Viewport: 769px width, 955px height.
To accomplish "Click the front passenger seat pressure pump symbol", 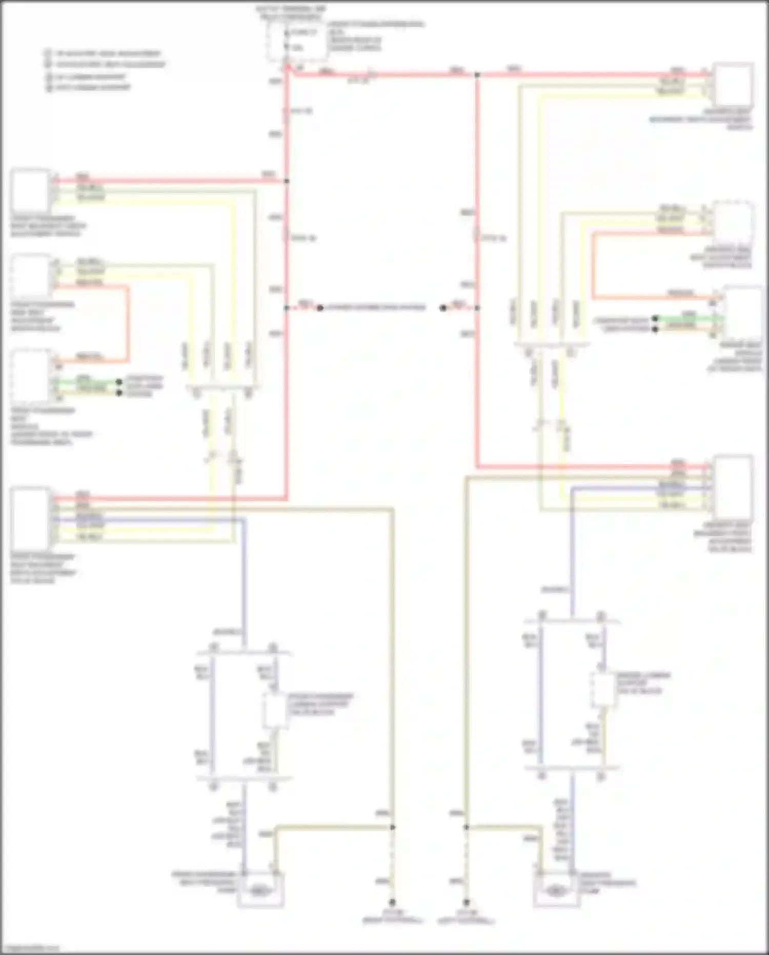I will pos(261,892).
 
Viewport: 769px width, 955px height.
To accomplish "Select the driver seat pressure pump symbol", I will pos(556,892).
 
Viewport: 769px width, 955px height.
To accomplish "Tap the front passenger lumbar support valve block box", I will pos(275,710).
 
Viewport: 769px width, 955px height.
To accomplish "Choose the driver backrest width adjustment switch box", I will pos(733,85).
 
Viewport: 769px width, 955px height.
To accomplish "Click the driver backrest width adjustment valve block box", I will pos(733,485).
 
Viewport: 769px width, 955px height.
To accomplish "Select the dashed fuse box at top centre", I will pos(296,40).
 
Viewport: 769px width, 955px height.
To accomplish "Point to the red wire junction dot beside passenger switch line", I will pos(287,181).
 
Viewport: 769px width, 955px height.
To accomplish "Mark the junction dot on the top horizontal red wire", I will pos(477,75).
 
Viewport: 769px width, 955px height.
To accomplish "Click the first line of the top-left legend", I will pos(103,53).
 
